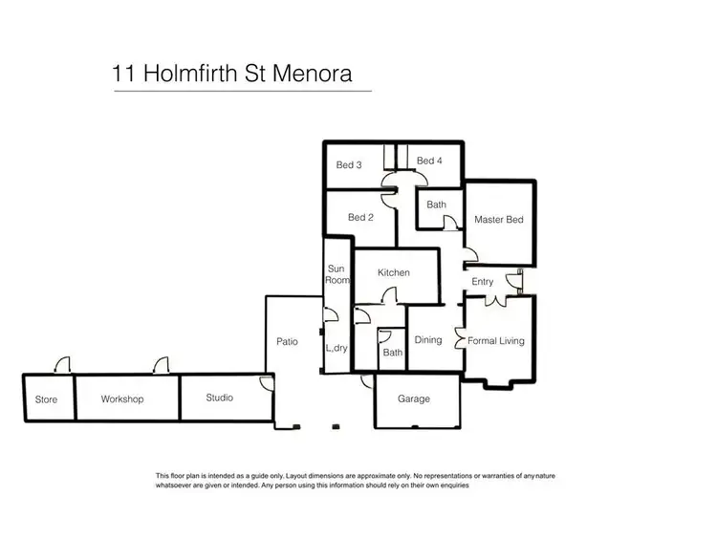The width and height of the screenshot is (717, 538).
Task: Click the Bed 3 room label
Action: tap(349, 165)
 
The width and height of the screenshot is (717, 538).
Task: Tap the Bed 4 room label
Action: tap(429, 161)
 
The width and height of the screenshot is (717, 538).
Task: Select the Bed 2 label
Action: tap(360, 218)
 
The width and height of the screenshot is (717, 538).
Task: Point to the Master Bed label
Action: tap(499, 220)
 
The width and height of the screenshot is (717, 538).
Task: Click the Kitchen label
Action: tap(394, 273)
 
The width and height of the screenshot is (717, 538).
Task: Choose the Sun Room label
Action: tap(336, 275)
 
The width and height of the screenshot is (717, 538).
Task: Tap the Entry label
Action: tap(483, 282)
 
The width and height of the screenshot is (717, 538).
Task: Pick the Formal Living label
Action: tap(496, 340)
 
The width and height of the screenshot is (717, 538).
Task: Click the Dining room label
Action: tap(427, 340)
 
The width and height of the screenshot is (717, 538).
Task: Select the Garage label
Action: tap(414, 398)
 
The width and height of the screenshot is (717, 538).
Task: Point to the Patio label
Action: tap(286, 342)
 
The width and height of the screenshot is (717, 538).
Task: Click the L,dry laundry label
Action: tap(337, 348)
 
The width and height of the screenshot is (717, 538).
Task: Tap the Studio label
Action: tap(219, 398)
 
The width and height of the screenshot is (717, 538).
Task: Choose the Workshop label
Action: tap(122, 399)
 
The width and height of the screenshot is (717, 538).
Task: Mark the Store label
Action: tap(46, 399)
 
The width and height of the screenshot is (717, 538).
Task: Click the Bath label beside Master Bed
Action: tap(436, 204)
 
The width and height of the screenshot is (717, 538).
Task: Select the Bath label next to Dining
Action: tap(392, 353)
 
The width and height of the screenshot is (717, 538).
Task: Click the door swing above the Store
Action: tap(61, 365)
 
